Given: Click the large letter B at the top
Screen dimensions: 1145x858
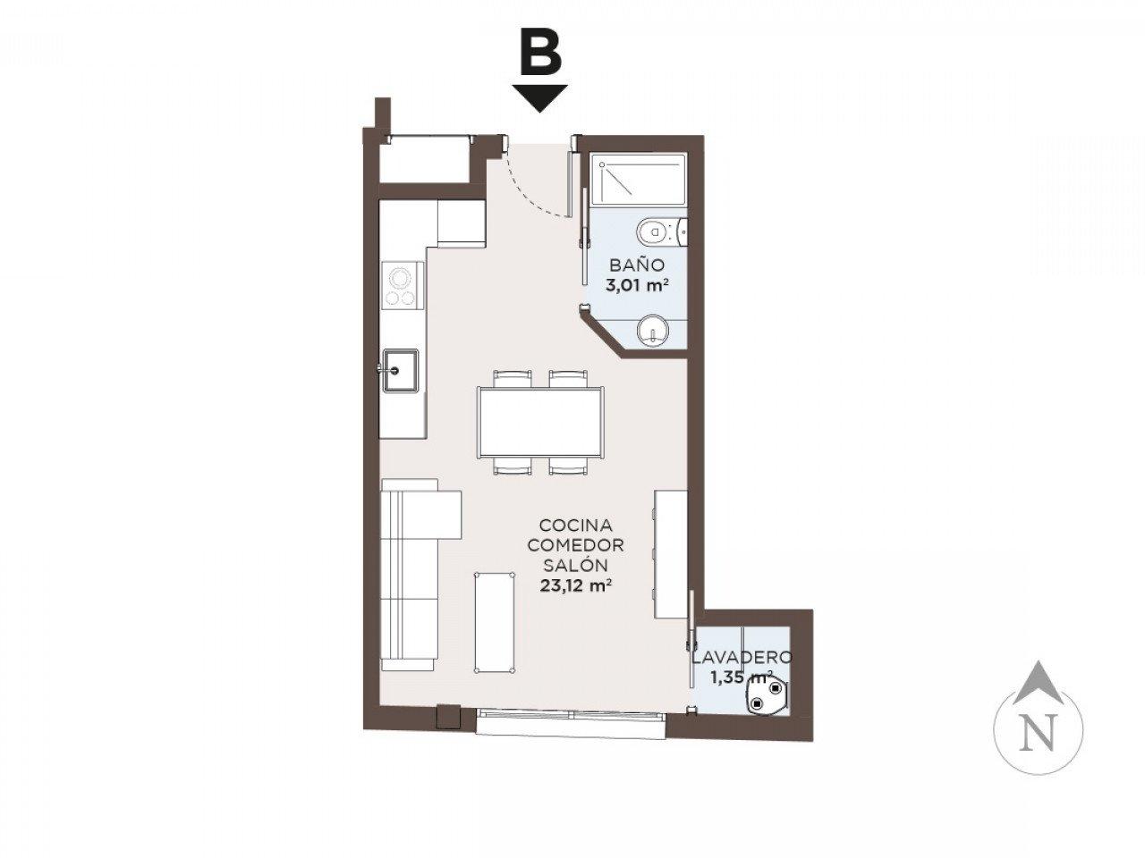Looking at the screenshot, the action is [x=540, y=55].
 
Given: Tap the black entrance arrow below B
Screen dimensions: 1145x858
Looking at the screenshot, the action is [x=539, y=98].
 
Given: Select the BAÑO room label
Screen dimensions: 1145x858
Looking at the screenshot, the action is [x=637, y=265].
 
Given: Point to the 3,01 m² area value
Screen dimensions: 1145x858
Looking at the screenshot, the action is [x=637, y=285].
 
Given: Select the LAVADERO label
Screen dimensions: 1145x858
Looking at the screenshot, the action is [x=742, y=657].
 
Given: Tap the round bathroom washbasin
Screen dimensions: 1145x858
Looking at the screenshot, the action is [x=653, y=331].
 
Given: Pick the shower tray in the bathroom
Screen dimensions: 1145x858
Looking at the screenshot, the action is [x=641, y=179].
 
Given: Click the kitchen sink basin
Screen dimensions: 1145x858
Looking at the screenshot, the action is [x=400, y=370].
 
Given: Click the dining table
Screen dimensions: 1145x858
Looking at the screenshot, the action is [x=540, y=423].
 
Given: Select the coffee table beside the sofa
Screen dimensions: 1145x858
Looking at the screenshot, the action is [x=495, y=623].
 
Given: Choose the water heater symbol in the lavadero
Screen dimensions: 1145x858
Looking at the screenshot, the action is [x=766, y=697].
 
